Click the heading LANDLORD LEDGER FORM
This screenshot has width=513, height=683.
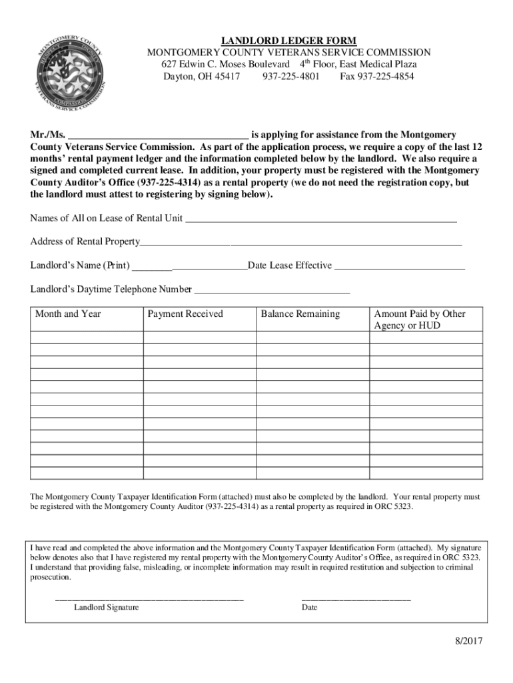pyautogui.click(x=288, y=41)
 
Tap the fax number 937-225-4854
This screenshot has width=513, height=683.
pyautogui.click(x=377, y=77)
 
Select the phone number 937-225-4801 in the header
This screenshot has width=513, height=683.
pyautogui.click(x=291, y=77)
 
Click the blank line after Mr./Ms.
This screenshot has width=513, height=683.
pyautogui.click(x=158, y=134)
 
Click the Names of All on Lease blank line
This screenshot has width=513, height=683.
pyautogui.click(x=320, y=219)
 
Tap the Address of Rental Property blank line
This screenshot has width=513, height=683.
pyautogui.click(x=300, y=242)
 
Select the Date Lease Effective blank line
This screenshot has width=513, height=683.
pyautogui.click(x=399, y=266)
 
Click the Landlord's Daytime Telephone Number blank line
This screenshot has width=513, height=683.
pyautogui.click(x=271, y=290)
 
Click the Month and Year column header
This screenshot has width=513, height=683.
pyautogui.click(x=68, y=314)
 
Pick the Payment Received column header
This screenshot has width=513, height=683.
pyautogui.click(x=185, y=314)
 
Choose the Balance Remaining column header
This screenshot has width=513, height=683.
pyautogui.click(x=300, y=314)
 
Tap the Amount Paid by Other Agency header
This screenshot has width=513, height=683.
pyautogui.click(x=420, y=319)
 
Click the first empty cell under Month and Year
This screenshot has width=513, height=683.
pyautogui.click(x=87, y=338)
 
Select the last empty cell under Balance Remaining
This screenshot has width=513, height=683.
pyautogui.click(x=313, y=473)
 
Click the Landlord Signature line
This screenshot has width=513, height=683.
pyautogui.click(x=149, y=598)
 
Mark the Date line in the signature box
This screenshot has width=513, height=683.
pyautogui.click(x=356, y=598)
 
